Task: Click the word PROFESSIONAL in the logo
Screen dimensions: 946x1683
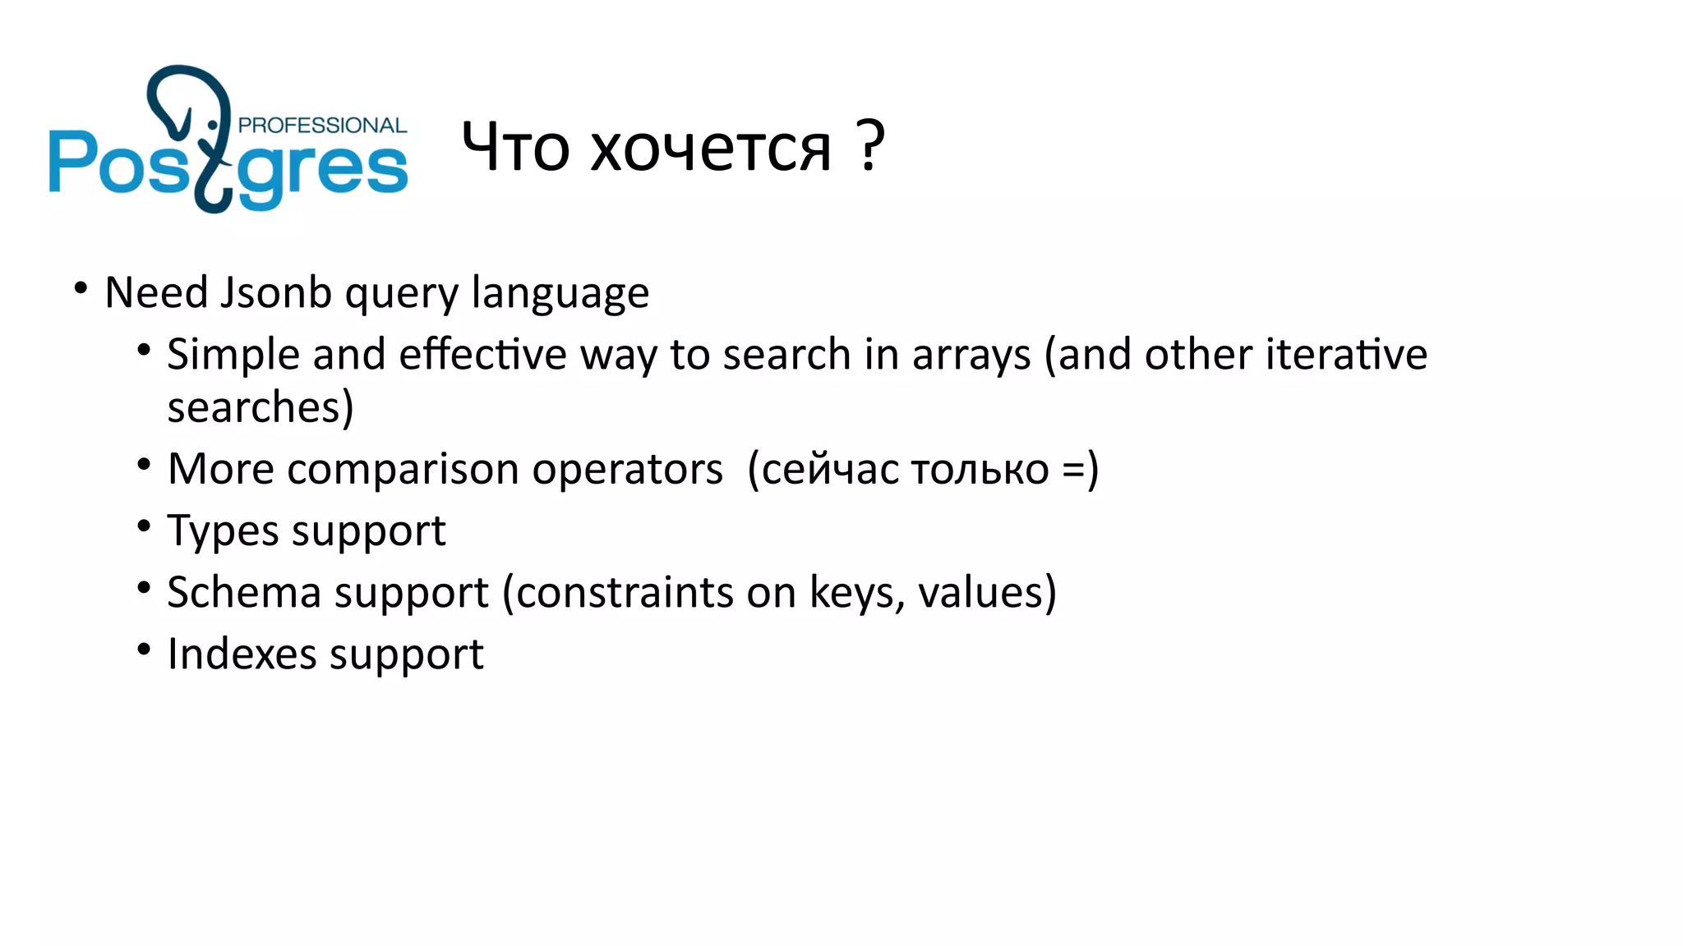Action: click(x=322, y=126)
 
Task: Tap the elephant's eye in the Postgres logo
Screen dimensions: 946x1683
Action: click(x=213, y=125)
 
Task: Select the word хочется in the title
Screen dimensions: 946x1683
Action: click(x=711, y=149)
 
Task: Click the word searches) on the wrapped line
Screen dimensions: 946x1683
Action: click(x=260, y=408)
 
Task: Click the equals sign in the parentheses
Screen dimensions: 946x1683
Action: click(x=1073, y=471)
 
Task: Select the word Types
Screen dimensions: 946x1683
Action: click(x=223, y=532)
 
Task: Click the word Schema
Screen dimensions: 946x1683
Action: click(x=243, y=593)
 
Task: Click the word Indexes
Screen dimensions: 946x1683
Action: click(x=242, y=654)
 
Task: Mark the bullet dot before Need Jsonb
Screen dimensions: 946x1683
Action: click(x=81, y=288)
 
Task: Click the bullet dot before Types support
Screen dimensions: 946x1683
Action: click(x=144, y=526)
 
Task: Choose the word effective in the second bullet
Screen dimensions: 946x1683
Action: click(x=482, y=355)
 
